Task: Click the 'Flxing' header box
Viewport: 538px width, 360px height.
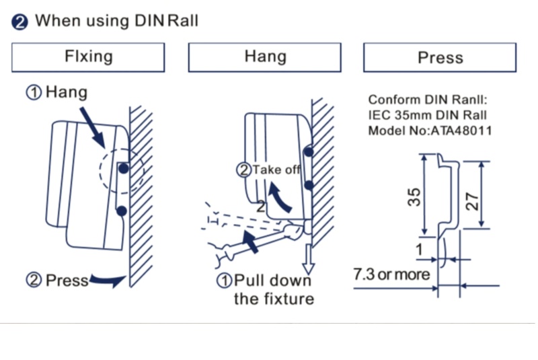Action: coord(88,57)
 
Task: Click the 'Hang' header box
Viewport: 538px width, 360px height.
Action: coord(264,57)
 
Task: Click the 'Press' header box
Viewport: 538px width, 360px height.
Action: coord(440,57)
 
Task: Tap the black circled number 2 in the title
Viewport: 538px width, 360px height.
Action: coord(20,21)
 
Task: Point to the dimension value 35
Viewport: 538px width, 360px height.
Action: coord(415,197)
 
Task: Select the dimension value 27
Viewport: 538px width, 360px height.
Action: coord(474,197)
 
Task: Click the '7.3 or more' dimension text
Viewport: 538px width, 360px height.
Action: coord(391,274)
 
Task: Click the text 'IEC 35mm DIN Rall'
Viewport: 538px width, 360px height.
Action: coord(427,116)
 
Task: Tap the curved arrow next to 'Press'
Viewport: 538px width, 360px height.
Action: coord(108,279)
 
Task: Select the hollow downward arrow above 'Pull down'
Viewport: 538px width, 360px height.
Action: coord(309,255)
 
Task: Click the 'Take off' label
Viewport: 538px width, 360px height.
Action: coord(276,170)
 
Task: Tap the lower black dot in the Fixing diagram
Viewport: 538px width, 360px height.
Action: coord(122,211)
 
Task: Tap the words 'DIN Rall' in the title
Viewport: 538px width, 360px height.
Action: coord(165,20)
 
